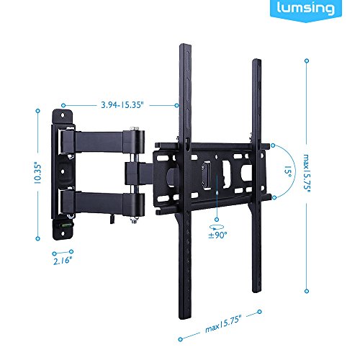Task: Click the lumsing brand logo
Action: click(x=306, y=9)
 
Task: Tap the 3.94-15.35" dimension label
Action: click(x=122, y=105)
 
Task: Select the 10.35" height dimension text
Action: click(x=37, y=174)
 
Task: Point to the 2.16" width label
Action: click(x=63, y=261)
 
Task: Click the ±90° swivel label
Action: click(x=217, y=235)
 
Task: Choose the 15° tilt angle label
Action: click(x=288, y=171)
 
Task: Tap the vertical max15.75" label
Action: click(x=307, y=174)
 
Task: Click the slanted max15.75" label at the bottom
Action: click(x=223, y=324)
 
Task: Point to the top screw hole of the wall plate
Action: click(x=63, y=115)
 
